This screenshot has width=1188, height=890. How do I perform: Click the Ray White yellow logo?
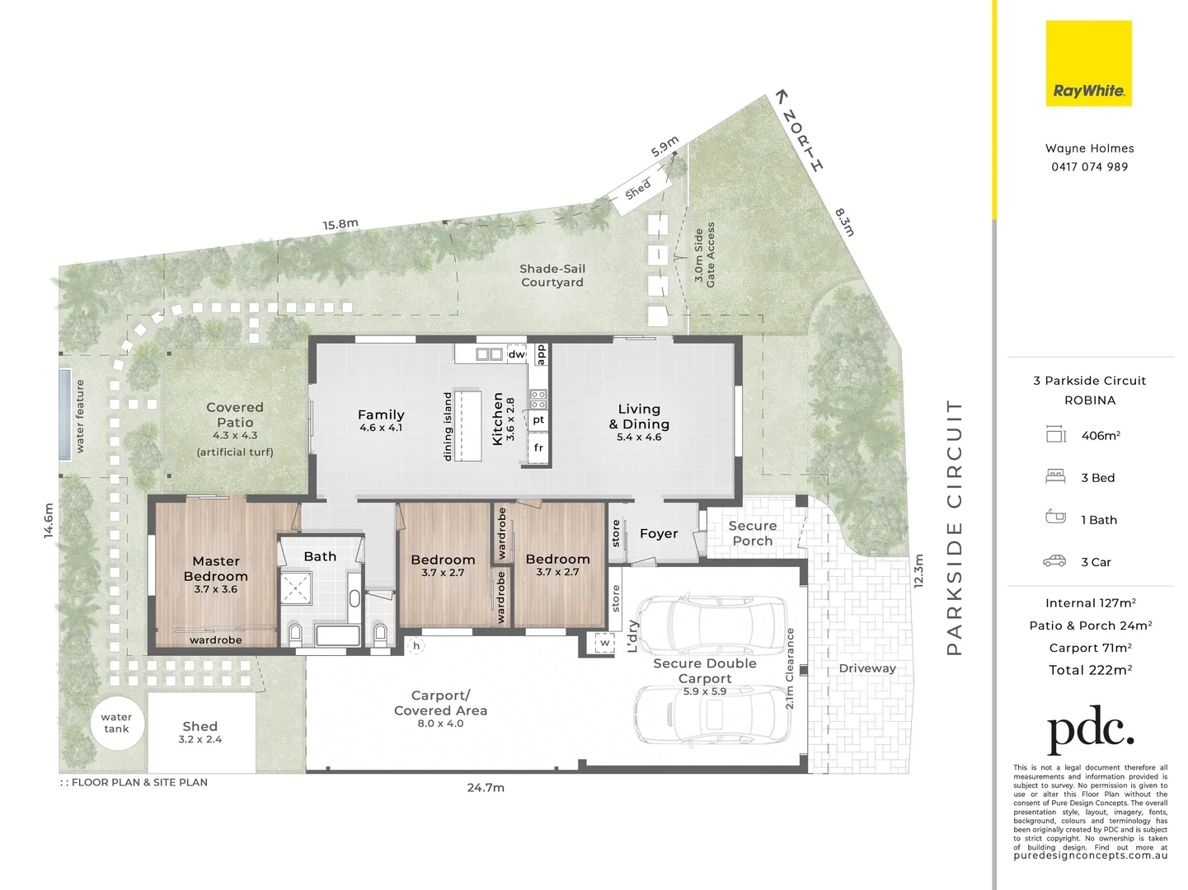tap(1088, 63)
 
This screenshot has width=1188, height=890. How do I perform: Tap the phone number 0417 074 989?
tap(1089, 166)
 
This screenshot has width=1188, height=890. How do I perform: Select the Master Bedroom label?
tap(215, 569)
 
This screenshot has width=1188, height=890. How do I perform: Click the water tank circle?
tap(116, 723)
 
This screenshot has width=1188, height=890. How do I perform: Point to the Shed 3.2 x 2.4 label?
tap(200, 732)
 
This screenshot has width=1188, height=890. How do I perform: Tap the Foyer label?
tap(658, 534)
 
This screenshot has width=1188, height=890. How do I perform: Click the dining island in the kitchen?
tap(467, 425)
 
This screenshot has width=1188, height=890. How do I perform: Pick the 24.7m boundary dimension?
tap(486, 788)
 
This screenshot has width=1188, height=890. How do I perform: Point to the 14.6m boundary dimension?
tap(48, 521)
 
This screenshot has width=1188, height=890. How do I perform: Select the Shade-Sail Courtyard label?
tap(552, 275)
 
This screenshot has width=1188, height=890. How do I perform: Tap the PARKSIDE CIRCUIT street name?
tap(954, 527)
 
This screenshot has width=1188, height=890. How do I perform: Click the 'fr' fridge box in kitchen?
tap(538, 448)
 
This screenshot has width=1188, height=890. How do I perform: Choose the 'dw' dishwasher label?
tap(516, 354)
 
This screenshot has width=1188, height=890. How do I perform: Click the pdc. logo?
tap(1090, 728)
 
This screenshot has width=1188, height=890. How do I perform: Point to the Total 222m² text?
tap(1090, 670)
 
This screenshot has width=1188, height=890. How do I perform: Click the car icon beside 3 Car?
tap(1054, 561)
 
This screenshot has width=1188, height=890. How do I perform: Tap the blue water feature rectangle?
tap(64, 415)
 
